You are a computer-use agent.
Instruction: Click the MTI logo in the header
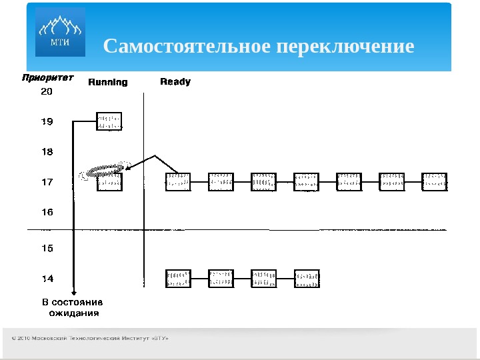[60, 33]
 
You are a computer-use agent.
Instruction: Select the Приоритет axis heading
[47, 77]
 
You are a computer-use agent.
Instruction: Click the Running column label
[108, 82]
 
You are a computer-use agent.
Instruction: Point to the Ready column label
[175, 81]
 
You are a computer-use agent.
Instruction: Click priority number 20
[47, 92]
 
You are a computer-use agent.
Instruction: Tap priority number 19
[47, 121]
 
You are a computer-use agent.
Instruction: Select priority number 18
[47, 151]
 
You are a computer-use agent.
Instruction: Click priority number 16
[47, 212]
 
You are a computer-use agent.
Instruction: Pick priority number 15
[47, 248]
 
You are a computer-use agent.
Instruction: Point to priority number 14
[47, 278]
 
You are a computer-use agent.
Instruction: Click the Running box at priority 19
[109, 121]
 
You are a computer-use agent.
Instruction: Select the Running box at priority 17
[109, 182]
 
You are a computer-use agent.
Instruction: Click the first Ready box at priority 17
[178, 181]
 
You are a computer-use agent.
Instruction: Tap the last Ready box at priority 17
[435, 181]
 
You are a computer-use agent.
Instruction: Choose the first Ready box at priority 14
[178, 279]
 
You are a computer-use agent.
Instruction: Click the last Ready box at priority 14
[307, 279]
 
